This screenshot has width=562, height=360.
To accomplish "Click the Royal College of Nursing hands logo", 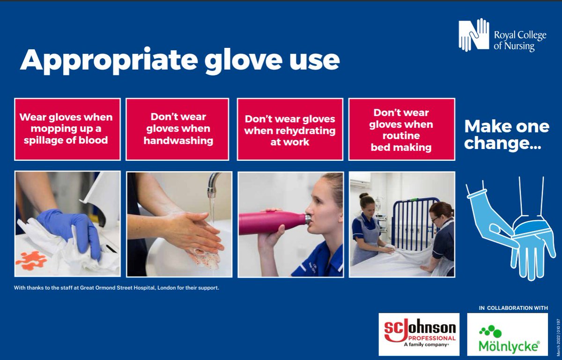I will (474, 35).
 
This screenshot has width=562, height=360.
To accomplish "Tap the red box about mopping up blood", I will (67, 129).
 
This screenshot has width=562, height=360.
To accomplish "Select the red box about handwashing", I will (177, 129).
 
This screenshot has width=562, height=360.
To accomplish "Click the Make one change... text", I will (506, 135).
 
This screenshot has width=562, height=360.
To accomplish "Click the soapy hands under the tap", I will (192, 232).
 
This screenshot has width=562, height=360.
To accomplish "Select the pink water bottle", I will (272, 222).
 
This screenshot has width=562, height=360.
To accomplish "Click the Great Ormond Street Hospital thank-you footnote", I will (117, 287).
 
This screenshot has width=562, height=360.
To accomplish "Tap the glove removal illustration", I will (510, 225).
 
